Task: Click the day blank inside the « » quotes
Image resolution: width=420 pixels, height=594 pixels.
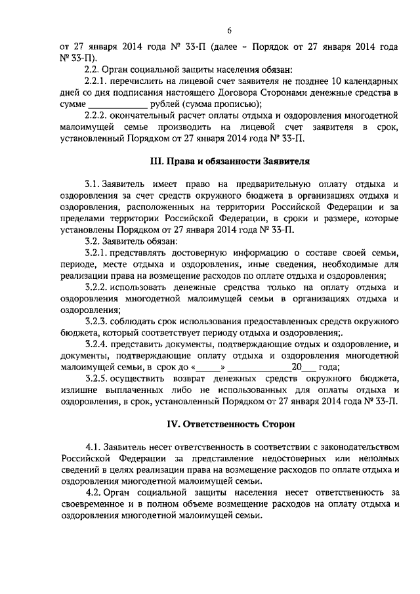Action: tap(208, 368)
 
